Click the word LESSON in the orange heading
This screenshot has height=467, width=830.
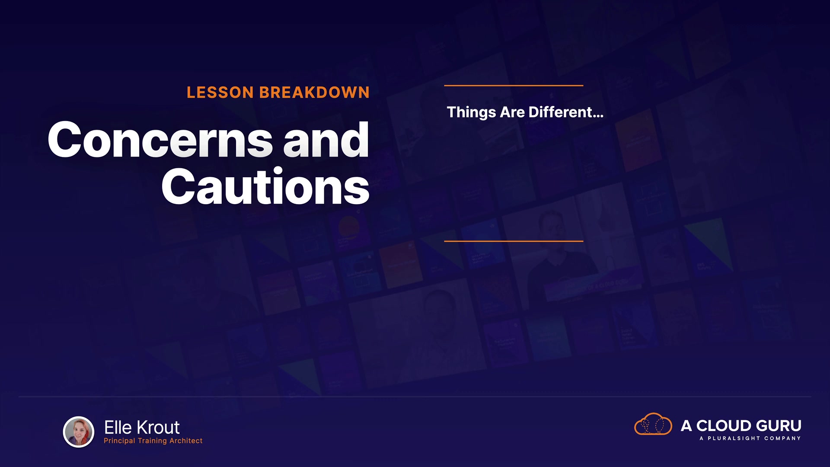pyautogui.click(x=220, y=93)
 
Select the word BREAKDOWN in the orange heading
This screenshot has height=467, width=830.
pyautogui.click(x=314, y=93)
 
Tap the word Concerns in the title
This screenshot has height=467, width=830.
pyautogui.click(x=160, y=140)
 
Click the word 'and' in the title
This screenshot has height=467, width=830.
pyautogui.click(x=326, y=140)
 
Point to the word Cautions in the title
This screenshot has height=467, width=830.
pyautogui.click(x=265, y=186)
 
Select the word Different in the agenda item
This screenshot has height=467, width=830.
pyautogui.click(x=566, y=112)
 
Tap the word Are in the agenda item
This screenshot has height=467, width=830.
pyautogui.click(x=512, y=112)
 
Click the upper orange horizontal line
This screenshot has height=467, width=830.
pyautogui.click(x=514, y=86)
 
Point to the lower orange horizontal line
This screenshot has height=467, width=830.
pyautogui.click(x=514, y=241)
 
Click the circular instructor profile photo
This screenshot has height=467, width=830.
pyautogui.click(x=79, y=432)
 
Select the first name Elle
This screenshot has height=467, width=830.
pyautogui.click(x=118, y=428)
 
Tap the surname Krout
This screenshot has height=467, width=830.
pyautogui.click(x=158, y=428)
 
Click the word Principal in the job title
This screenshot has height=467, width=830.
pyautogui.click(x=119, y=441)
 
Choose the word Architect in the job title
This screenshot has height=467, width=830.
pyautogui.click(x=186, y=441)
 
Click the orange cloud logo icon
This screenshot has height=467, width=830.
pyautogui.click(x=653, y=424)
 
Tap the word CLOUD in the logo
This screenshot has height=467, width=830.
pyautogui.click(x=724, y=426)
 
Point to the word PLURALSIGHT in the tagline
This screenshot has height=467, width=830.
pyautogui.click(x=734, y=438)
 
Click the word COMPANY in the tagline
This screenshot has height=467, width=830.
pyautogui.click(x=782, y=438)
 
